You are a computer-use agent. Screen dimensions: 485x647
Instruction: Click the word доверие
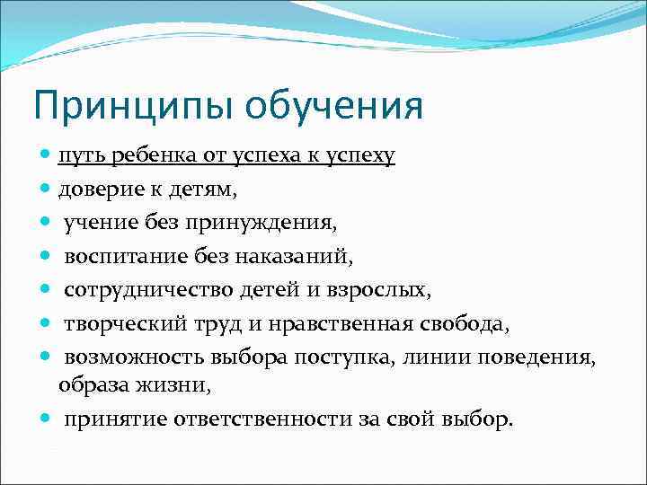tap(99, 190)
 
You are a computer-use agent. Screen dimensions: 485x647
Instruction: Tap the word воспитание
tap(126, 257)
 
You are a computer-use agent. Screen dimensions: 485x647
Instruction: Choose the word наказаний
tap(294, 257)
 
